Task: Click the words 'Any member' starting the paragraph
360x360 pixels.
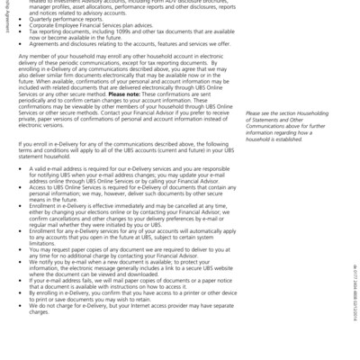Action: pos(32,55)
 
